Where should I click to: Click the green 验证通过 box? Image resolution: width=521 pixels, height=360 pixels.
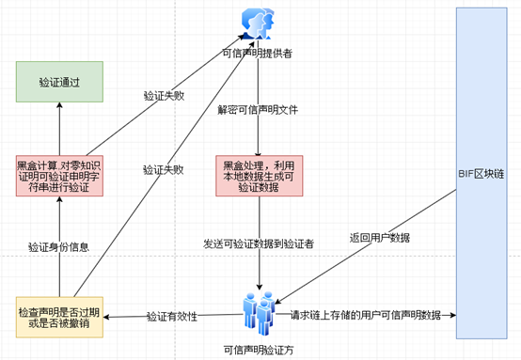pos(59,82)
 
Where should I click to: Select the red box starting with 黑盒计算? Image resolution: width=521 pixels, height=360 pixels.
pos(59,176)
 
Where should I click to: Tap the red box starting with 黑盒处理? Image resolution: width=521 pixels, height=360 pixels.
pos(260,176)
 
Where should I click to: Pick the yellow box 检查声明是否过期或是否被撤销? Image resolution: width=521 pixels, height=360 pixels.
pos(59,317)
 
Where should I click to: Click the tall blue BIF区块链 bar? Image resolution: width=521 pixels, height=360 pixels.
pos(482,173)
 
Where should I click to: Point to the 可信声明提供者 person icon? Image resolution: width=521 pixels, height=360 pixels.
pos(258,23)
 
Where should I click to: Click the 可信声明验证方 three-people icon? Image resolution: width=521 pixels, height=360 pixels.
pos(260,314)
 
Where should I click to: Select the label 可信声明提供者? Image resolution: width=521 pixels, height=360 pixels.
pos(257,54)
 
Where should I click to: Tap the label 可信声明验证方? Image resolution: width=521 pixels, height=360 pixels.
pos(259,350)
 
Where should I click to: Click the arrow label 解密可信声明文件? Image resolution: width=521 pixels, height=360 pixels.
pos(258,110)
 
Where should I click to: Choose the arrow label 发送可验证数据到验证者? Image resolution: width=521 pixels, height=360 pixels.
pos(259,244)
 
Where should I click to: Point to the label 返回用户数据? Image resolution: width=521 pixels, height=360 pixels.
pos(380,238)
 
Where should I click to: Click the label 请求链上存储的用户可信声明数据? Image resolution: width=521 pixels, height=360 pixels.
pos(366,315)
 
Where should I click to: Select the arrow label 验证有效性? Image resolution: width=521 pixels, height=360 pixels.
pos(172,316)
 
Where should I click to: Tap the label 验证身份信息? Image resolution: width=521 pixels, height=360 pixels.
pos(59,247)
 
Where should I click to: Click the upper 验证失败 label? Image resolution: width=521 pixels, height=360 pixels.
pos(164,96)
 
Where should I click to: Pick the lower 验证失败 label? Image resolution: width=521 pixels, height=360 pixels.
pos(163,170)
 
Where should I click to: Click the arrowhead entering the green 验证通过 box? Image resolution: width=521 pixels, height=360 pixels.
pos(59,105)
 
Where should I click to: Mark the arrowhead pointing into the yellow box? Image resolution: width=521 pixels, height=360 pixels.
pos(106,317)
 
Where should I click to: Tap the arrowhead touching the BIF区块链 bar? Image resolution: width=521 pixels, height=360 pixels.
pos(453,315)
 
